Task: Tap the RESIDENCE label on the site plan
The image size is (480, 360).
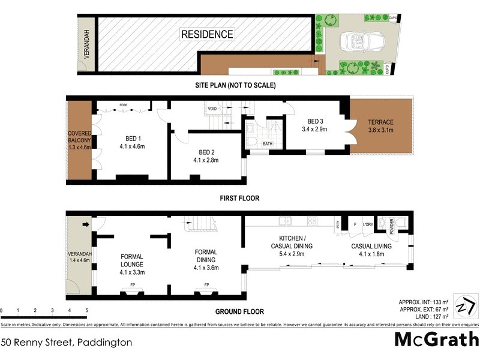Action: tap(208, 34)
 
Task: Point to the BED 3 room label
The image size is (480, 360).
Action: tap(313, 124)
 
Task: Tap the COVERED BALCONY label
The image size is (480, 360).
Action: tap(79, 140)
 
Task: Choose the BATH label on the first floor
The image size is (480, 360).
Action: tap(267, 143)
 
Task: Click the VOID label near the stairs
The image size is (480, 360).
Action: tap(212, 109)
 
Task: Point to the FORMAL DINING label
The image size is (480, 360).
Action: tap(205, 256)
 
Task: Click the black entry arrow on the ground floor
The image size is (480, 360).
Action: tap(85, 225)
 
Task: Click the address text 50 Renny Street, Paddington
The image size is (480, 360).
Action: tap(67, 343)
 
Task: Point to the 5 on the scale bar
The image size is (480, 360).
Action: tap(87, 310)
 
